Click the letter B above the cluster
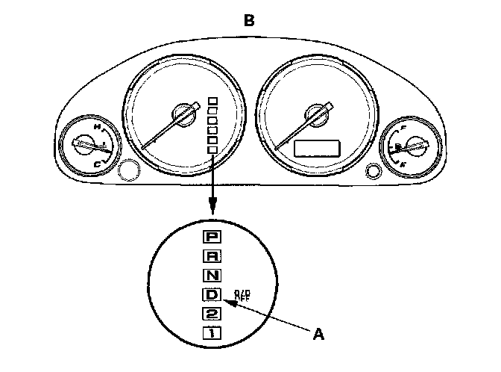tap(250, 21)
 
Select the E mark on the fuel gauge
tap(403, 162)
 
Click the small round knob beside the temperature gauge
tap(128, 171)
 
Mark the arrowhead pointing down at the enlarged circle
tap(213, 210)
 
